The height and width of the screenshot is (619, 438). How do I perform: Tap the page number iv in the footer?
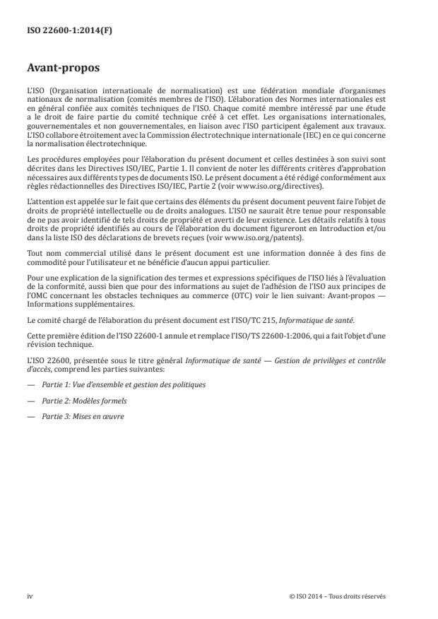point(30,596)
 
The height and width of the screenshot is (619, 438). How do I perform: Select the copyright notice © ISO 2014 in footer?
point(338,596)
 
